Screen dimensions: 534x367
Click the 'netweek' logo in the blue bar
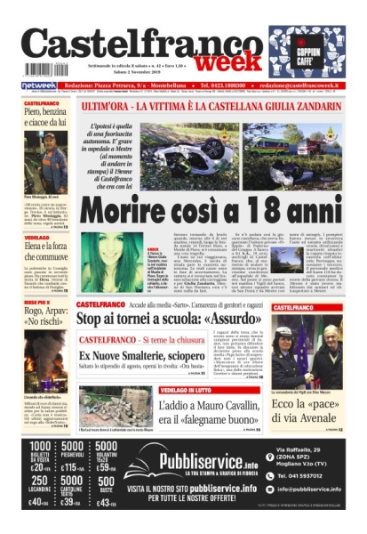click(38, 85)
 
